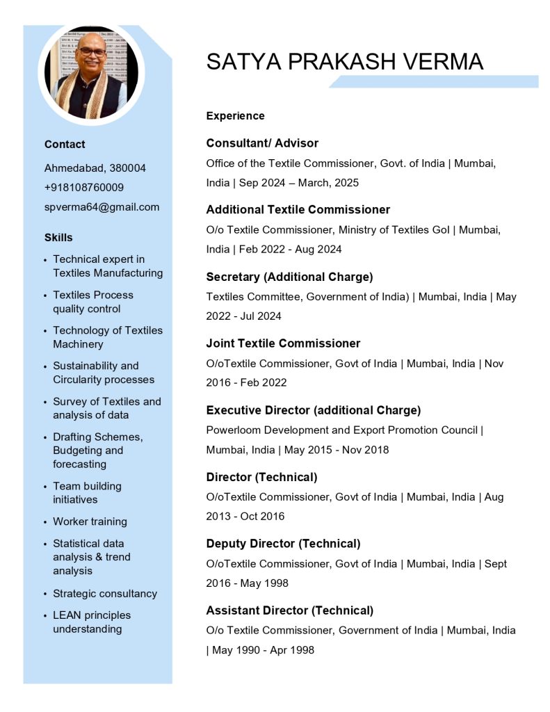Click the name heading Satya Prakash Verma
[344, 62]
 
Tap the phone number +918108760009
[84, 187]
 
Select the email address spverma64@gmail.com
[102, 207]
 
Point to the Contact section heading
[65, 144]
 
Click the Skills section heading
[58, 237]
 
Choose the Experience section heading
[235, 115]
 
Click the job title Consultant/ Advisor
[262, 143]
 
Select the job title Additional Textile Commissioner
[298, 209]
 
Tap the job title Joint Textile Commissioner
[283, 343]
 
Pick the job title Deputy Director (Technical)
[283, 543]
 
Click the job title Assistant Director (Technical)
[289, 610]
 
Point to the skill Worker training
[90, 521]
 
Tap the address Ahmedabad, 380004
[95, 168]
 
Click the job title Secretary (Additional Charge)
[289, 276]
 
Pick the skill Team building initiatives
[87, 492]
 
